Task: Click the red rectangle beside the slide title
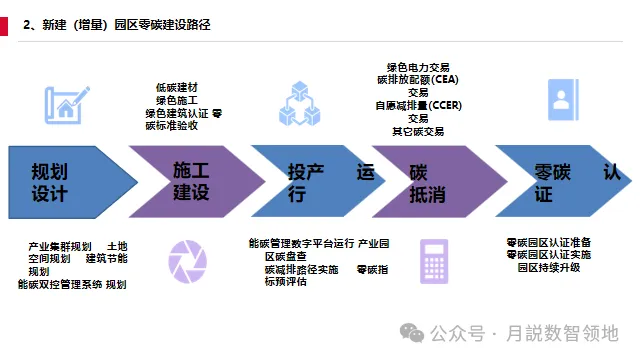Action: point(4,26)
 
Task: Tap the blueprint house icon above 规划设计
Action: point(67,105)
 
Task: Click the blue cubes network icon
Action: point(300,103)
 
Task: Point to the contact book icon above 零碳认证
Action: point(563,100)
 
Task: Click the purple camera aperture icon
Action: point(188,262)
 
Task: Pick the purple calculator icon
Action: point(434,262)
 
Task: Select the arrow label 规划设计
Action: point(49,182)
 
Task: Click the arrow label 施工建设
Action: point(191,181)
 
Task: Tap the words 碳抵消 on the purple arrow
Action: point(427,184)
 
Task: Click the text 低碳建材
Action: point(177,87)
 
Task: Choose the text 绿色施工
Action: point(177,100)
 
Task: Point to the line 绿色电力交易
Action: point(418,67)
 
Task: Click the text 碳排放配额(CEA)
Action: point(418,80)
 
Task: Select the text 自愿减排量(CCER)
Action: point(418,106)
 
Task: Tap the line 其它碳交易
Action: point(418,131)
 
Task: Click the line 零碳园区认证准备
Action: point(549,242)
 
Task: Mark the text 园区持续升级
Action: point(549,268)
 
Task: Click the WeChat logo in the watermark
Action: point(412,333)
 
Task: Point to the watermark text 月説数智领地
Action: point(562,333)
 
